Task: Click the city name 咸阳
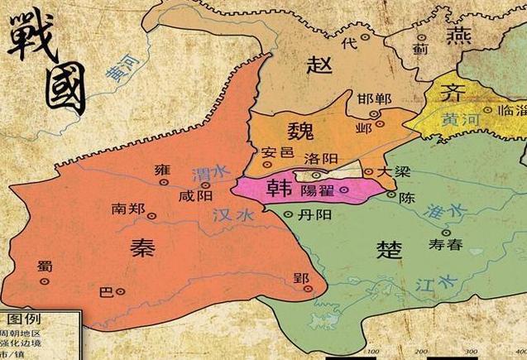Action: click(x=195, y=197)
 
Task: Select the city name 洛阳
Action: click(x=320, y=159)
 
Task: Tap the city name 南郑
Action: click(x=128, y=209)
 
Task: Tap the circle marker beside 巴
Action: click(x=121, y=291)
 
